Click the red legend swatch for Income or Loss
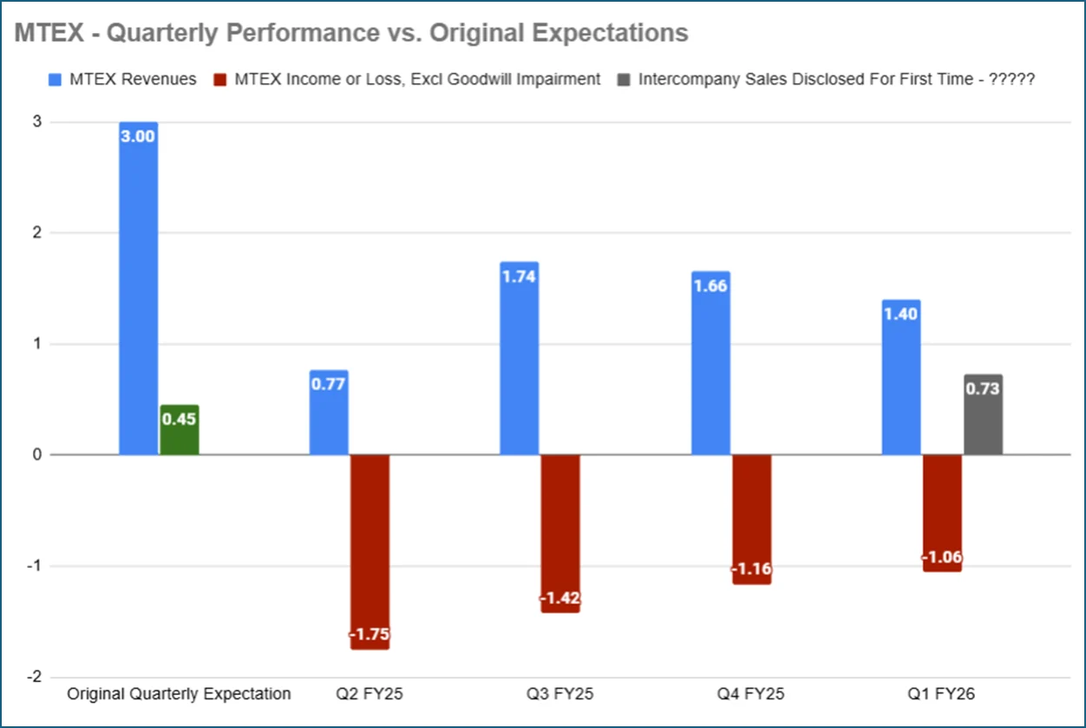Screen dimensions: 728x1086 pos(222,79)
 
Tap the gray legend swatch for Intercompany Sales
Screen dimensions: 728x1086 pos(625,79)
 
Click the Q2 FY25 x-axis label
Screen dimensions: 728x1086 pos(370,694)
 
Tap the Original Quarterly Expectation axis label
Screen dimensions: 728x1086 pos(180,694)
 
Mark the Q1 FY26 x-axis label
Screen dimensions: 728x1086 pos(942,694)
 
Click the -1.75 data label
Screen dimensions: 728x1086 pos(370,634)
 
